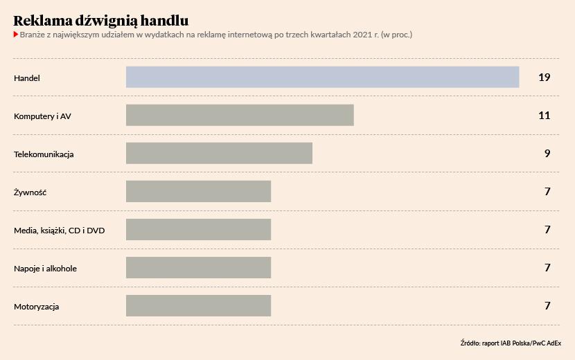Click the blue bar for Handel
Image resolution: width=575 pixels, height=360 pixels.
tap(322, 77)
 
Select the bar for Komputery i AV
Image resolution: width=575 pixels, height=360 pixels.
tap(240, 115)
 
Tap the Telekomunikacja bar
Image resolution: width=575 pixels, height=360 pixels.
tap(219, 153)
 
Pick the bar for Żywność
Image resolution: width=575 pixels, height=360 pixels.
tap(198, 191)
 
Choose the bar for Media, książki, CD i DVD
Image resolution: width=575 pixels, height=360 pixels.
tap(198, 229)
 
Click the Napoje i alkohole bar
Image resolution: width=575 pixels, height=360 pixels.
tap(198, 267)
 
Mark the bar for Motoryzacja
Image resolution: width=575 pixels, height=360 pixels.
tap(198, 305)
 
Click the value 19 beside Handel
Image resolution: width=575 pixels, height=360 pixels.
tap(544, 77)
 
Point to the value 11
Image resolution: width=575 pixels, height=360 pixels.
tap(544, 115)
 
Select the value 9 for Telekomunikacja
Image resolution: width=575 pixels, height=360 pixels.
tap(547, 153)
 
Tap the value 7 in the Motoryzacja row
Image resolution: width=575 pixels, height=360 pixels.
tap(547, 305)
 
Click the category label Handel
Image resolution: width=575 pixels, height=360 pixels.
tap(27, 78)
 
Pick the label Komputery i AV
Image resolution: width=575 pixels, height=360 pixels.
tap(42, 116)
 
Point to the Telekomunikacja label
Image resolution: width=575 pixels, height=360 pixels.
tap(44, 154)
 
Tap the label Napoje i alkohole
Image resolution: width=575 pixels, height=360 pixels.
tap(45, 268)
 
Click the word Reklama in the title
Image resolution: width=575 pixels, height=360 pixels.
tap(42, 21)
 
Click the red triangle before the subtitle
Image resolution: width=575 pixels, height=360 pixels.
tap(16, 35)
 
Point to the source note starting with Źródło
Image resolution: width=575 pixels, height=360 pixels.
tap(511, 343)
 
